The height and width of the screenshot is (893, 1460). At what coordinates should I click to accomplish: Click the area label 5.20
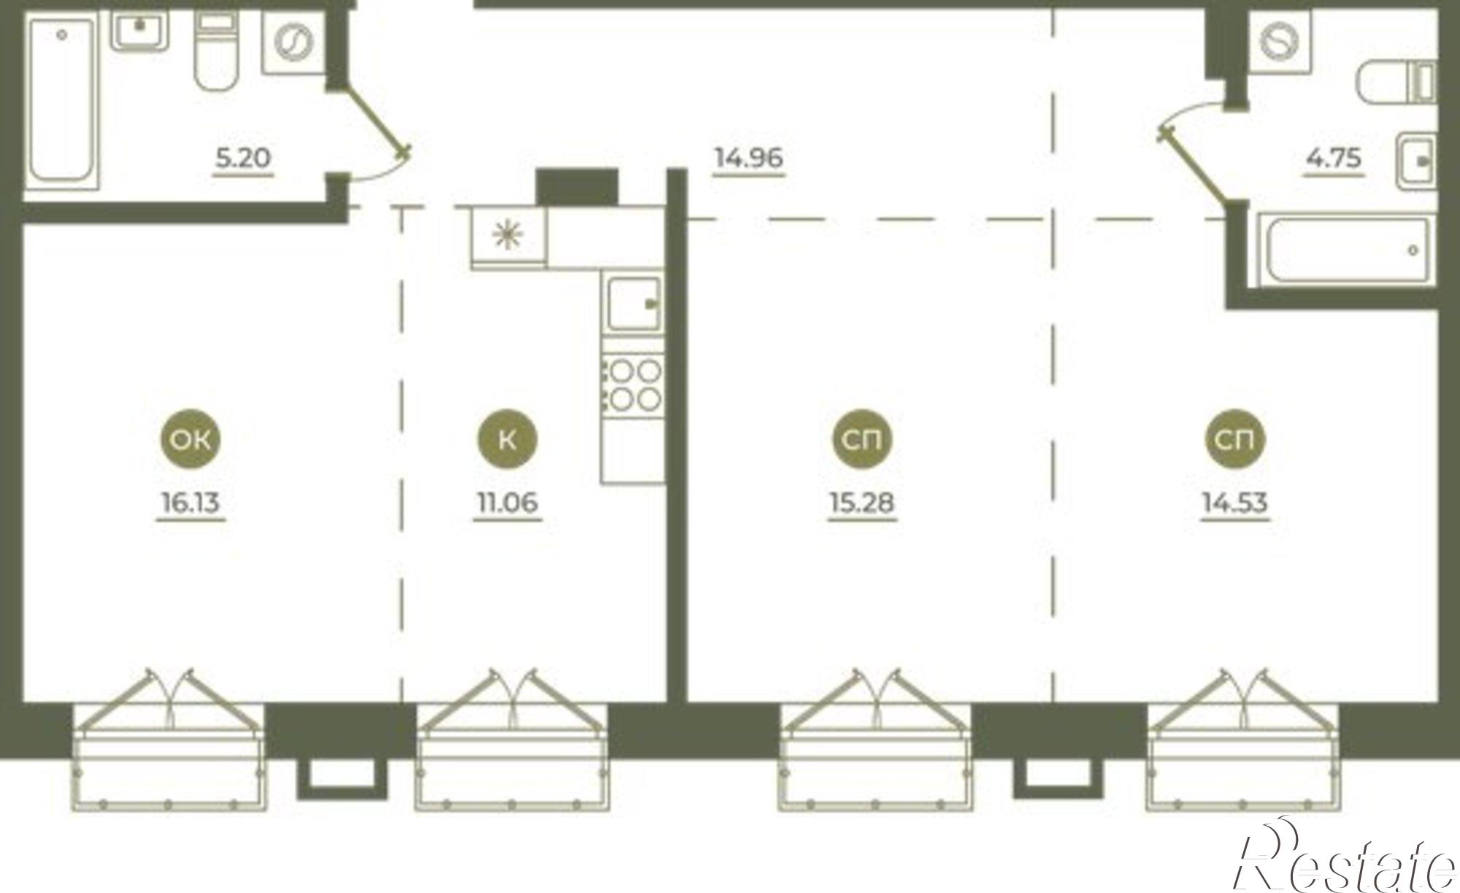point(244,158)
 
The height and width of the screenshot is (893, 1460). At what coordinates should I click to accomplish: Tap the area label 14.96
point(749,158)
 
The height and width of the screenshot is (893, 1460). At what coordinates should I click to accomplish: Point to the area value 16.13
point(191,503)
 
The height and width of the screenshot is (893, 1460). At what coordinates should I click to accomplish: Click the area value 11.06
point(507,503)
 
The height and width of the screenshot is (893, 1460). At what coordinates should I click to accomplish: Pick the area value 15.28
point(862,503)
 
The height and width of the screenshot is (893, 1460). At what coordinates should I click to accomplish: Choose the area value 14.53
point(1235,503)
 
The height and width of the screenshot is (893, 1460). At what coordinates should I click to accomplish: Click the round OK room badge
point(191,439)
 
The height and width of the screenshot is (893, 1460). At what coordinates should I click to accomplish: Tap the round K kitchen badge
point(507,439)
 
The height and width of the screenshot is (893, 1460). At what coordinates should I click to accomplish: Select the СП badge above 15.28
point(862,439)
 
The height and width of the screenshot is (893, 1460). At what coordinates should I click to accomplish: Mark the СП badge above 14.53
point(1235,439)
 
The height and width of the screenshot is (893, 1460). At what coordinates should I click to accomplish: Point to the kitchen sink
point(634,303)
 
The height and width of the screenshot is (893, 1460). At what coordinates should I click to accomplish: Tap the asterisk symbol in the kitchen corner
point(508,234)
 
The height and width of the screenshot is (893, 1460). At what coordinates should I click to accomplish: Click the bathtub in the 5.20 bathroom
point(62,102)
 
